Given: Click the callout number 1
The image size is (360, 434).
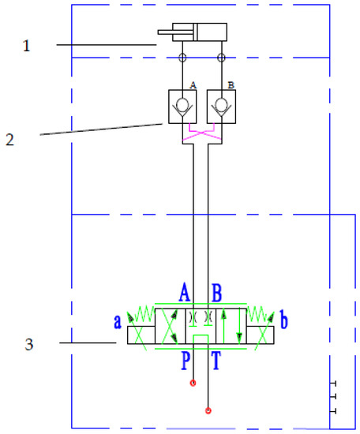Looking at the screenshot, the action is point(27,46).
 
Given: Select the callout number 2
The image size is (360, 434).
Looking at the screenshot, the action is point(9,140).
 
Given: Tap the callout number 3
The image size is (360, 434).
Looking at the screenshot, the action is point(29,344).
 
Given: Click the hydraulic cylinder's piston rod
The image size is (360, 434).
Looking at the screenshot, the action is point(175,32).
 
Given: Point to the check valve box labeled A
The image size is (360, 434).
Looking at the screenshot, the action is point(182,107).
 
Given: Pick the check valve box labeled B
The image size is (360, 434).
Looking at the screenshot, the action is point(221,107).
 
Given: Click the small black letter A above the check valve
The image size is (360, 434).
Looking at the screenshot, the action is point(193,85).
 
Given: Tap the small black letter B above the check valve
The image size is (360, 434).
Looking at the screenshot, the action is point(231,85).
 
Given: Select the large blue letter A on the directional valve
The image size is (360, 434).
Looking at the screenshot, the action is point(185,292).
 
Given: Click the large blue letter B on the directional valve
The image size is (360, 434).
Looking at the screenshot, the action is point(216,293).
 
